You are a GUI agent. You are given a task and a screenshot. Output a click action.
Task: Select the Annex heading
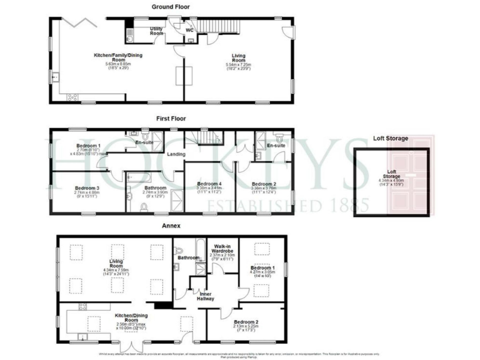[x=171, y=226]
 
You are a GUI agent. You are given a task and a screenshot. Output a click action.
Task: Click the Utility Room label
[x=157, y=31]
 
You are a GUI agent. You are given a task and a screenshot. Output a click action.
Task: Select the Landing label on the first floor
[x=175, y=154]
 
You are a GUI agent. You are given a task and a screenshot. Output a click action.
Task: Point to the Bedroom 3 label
[x=87, y=187]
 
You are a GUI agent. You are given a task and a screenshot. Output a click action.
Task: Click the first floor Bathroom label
[x=155, y=187]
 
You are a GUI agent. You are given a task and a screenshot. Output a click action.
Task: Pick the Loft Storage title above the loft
[x=391, y=139]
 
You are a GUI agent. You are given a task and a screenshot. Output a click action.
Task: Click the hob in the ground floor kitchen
[x=72, y=97]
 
